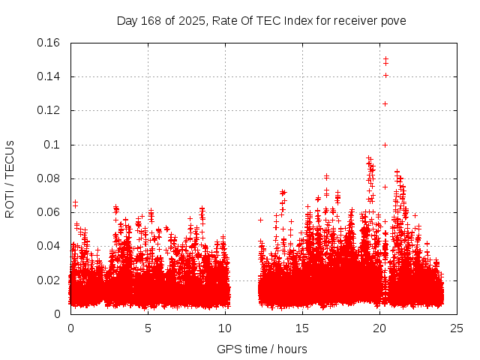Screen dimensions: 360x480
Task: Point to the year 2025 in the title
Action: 190,21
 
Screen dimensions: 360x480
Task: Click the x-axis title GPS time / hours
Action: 262,349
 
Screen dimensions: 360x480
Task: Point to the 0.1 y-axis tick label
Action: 52,145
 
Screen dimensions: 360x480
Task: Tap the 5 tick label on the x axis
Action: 148,328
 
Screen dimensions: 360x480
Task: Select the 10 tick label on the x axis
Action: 225,328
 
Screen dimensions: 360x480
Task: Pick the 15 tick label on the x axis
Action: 302,328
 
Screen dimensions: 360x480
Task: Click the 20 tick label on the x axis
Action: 379,328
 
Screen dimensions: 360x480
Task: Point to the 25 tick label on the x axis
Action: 457,328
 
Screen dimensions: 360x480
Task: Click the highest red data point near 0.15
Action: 385,58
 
